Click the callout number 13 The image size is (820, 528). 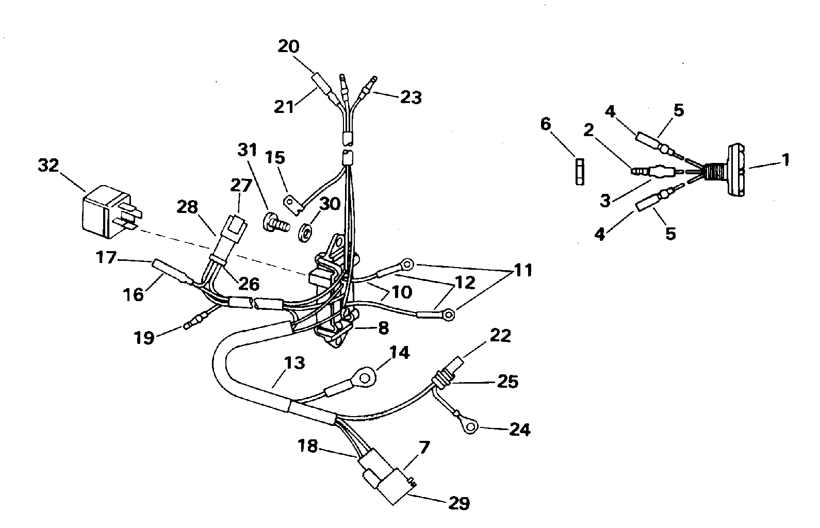pos(294,363)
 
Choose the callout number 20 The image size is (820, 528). pos(289,46)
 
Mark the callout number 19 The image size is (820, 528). pos(144,338)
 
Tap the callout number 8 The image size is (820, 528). pos(383,328)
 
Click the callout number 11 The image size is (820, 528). pos(523,270)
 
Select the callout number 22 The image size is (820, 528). pos(499,336)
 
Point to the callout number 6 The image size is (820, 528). pos(546,124)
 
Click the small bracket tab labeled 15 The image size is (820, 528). pos(292,202)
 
